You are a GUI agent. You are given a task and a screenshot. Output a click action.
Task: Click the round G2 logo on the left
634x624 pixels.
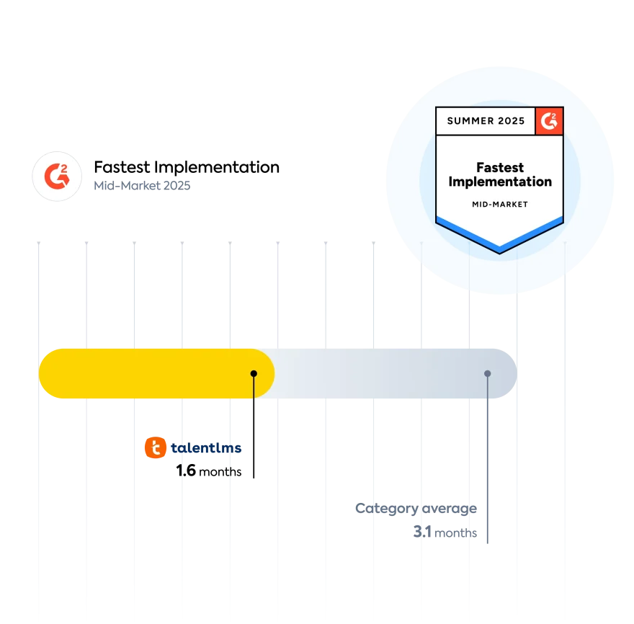[56, 176]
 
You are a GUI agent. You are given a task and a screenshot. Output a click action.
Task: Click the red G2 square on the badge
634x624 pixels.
[550, 121]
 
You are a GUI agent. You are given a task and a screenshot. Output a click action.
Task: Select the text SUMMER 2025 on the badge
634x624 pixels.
[486, 121]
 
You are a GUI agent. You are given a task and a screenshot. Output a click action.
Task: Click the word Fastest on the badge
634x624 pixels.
[500, 168]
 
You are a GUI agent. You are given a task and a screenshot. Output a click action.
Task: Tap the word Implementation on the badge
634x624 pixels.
[500, 182]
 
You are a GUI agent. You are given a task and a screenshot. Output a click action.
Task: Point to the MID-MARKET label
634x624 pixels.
[500, 205]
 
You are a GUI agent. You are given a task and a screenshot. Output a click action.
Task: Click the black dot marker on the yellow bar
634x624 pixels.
[254, 373]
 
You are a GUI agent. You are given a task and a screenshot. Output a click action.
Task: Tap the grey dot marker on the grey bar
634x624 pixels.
[488, 373]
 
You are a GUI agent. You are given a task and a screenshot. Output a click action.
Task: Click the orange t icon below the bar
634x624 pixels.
[156, 447]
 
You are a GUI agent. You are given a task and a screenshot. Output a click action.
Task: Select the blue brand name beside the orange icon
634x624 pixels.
[205, 449]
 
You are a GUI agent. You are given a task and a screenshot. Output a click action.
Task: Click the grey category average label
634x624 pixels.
[416, 509]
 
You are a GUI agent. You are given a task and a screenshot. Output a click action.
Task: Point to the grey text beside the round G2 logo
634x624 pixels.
[140, 184]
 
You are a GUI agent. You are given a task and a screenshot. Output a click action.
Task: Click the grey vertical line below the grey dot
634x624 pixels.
[488, 468]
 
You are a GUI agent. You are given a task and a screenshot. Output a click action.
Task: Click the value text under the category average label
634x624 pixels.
[443, 534]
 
